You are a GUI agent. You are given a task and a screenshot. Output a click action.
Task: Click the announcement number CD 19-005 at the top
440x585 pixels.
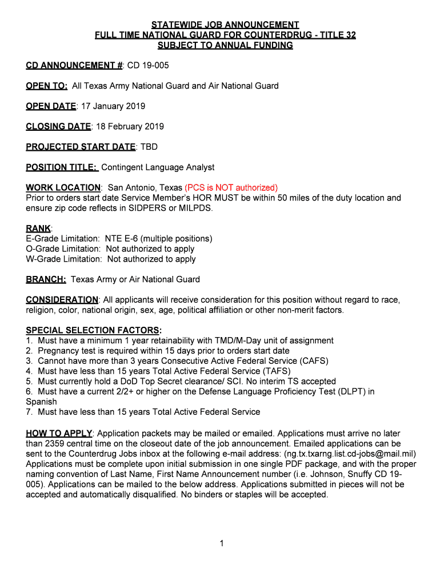pyautogui.click(x=147, y=66)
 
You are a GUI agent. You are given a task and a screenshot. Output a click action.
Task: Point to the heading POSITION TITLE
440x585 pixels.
pyautogui.click(x=62, y=167)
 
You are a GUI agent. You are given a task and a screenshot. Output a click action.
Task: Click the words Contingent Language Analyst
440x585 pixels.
pyautogui.click(x=158, y=167)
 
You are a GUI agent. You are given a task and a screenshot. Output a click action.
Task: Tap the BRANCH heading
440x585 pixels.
pyautogui.click(x=46, y=279)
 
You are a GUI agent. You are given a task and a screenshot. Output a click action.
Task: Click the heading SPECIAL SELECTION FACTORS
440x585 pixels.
pyautogui.click(x=93, y=330)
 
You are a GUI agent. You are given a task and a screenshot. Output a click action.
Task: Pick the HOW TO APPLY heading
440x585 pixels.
pyautogui.click(x=59, y=434)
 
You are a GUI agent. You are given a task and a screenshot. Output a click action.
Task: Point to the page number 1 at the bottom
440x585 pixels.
pyautogui.click(x=221, y=543)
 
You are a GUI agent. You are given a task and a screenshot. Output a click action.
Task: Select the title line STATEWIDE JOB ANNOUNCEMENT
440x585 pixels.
pyautogui.click(x=225, y=25)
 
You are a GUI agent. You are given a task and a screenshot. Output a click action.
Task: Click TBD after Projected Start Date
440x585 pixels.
pyautogui.click(x=149, y=147)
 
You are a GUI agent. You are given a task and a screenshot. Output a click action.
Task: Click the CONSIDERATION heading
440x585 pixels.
pyautogui.click(x=62, y=300)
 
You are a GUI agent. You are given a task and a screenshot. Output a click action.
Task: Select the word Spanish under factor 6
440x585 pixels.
pyautogui.click(x=41, y=402)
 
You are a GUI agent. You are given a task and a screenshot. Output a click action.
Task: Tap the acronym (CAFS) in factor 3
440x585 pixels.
pyautogui.click(x=314, y=361)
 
